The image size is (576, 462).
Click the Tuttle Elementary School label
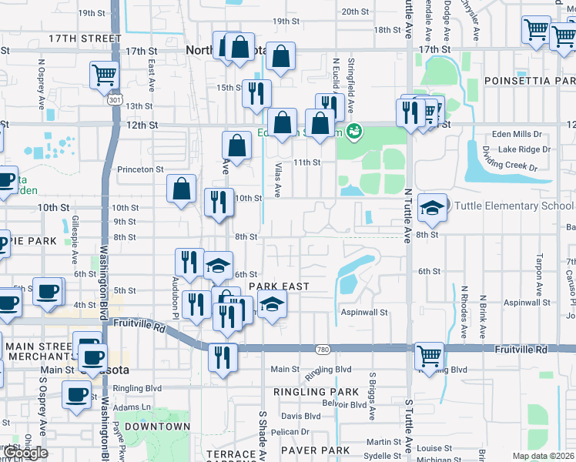pyautogui.click(x=514, y=206)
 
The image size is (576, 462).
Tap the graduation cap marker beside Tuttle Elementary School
pyautogui.click(x=432, y=207)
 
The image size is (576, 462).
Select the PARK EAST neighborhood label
pyautogui.click(x=278, y=286)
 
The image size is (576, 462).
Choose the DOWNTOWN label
pyautogui.click(x=157, y=427)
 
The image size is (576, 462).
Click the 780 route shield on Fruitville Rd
pyautogui.click(x=323, y=350)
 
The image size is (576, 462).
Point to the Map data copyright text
pyautogui.click(x=544, y=456)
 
